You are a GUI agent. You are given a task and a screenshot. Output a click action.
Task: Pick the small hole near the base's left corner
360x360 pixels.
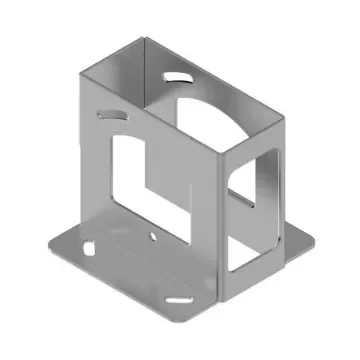click(88, 246)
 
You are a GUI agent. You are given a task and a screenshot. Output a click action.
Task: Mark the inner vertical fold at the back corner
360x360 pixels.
click(151, 70)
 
